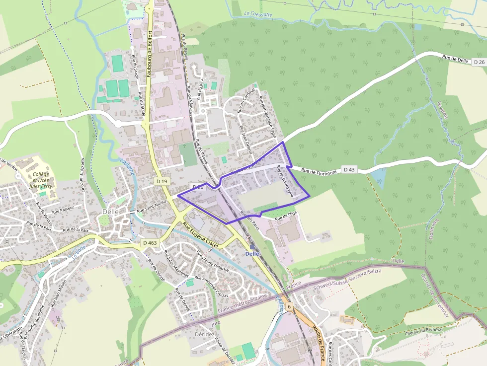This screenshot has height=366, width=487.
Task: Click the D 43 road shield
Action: pyautogui.click(x=349, y=170)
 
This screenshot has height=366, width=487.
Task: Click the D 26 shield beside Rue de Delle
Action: pyautogui.click(x=479, y=62)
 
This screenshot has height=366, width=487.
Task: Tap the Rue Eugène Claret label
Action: pyautogui.click(x=201, y=235)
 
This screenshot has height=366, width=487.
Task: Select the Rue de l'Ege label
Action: pyautogui.click(x=286, y=216)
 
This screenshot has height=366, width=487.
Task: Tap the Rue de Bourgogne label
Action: pyautogui.click(x=286, y=181)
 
